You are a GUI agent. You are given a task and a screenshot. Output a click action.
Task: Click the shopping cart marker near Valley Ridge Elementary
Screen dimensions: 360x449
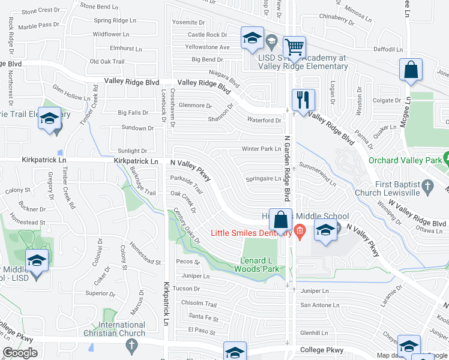[x=294, y=47]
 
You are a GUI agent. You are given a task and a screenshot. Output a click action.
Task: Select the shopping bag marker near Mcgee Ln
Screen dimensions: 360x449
[x=411, y=69]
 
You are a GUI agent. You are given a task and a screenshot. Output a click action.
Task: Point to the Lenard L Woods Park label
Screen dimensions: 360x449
[x=261, y=265]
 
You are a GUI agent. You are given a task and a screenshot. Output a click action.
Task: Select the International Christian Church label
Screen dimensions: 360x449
[x=122, y=329]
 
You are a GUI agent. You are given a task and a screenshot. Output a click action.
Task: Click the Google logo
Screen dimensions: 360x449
[x=20, y=353]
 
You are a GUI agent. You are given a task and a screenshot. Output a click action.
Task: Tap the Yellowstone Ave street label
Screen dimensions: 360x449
[x=208, y=47]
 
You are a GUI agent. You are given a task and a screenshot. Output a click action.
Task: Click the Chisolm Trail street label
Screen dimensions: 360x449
[x=203, y=304]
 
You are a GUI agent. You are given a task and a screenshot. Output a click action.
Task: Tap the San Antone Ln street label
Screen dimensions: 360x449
[x=320, y=305]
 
